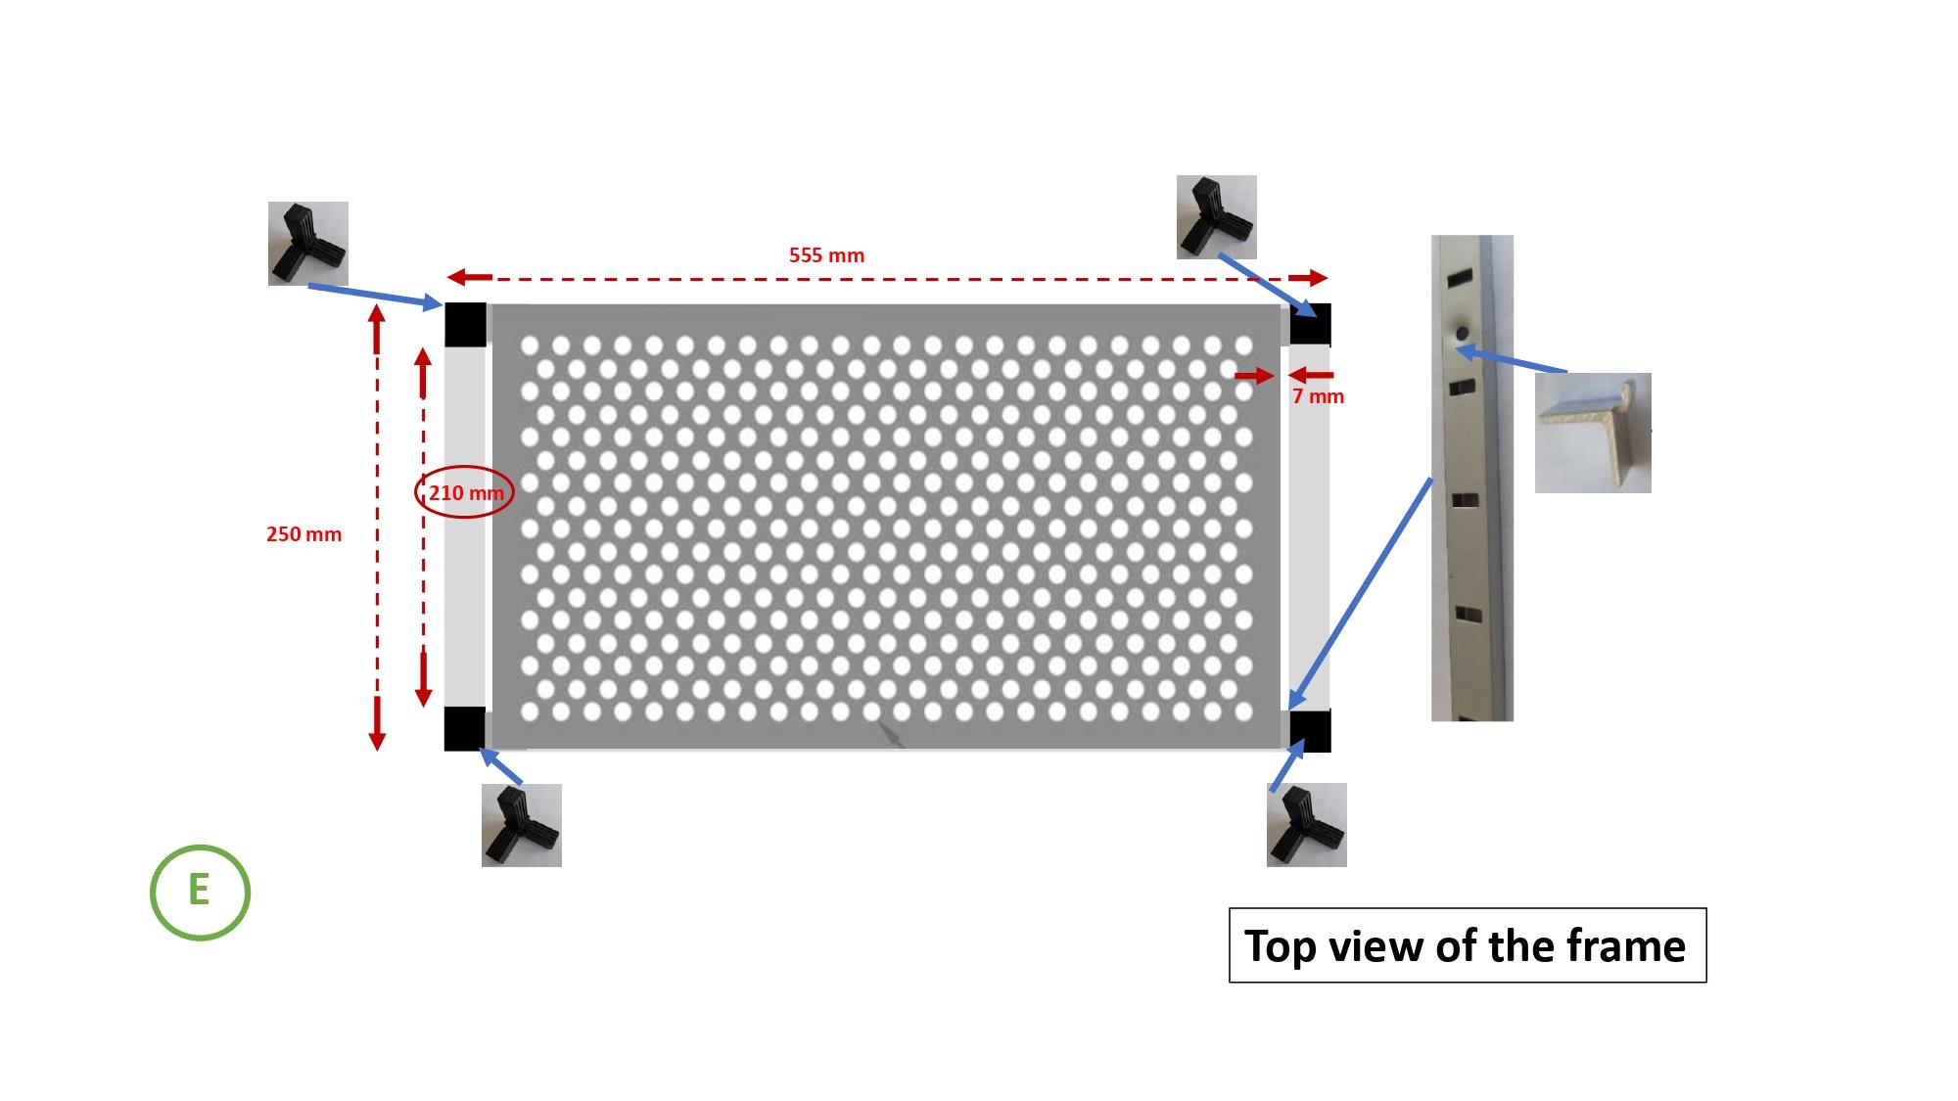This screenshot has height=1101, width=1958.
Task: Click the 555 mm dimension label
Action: pos(826,255)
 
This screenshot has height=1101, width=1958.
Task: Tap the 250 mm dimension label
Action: pos(303,534)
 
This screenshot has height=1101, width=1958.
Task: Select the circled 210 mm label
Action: pos(466,493)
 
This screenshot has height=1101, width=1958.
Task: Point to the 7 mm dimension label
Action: pos(1318,396)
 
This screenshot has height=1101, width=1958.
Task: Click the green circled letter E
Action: pos(200,893)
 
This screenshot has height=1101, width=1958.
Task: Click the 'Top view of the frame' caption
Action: pos(1467,945)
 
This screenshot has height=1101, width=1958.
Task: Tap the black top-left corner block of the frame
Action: pos(465,325)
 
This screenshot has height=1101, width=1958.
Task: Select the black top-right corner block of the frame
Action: pos(1310,324)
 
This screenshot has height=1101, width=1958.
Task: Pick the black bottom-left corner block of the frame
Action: pos(465,729)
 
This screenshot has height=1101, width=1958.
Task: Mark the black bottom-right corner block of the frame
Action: pos(1310,731)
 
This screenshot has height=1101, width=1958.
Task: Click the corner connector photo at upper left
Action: pos(308,244)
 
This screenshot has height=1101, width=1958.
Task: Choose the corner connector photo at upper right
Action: pos(1217,217)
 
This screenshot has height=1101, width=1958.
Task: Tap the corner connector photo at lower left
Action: pos(522,825)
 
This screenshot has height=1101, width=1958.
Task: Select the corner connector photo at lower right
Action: pos(1307,825)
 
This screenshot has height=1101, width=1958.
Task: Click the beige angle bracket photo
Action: pos(1593,433)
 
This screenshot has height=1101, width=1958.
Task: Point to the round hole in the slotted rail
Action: pos(1462,334)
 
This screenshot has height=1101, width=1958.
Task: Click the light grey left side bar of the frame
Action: pos(465,527)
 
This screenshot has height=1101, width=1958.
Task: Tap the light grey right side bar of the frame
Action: pos(1310,528)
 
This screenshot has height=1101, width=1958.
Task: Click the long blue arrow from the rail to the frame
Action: pos(1361,593)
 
